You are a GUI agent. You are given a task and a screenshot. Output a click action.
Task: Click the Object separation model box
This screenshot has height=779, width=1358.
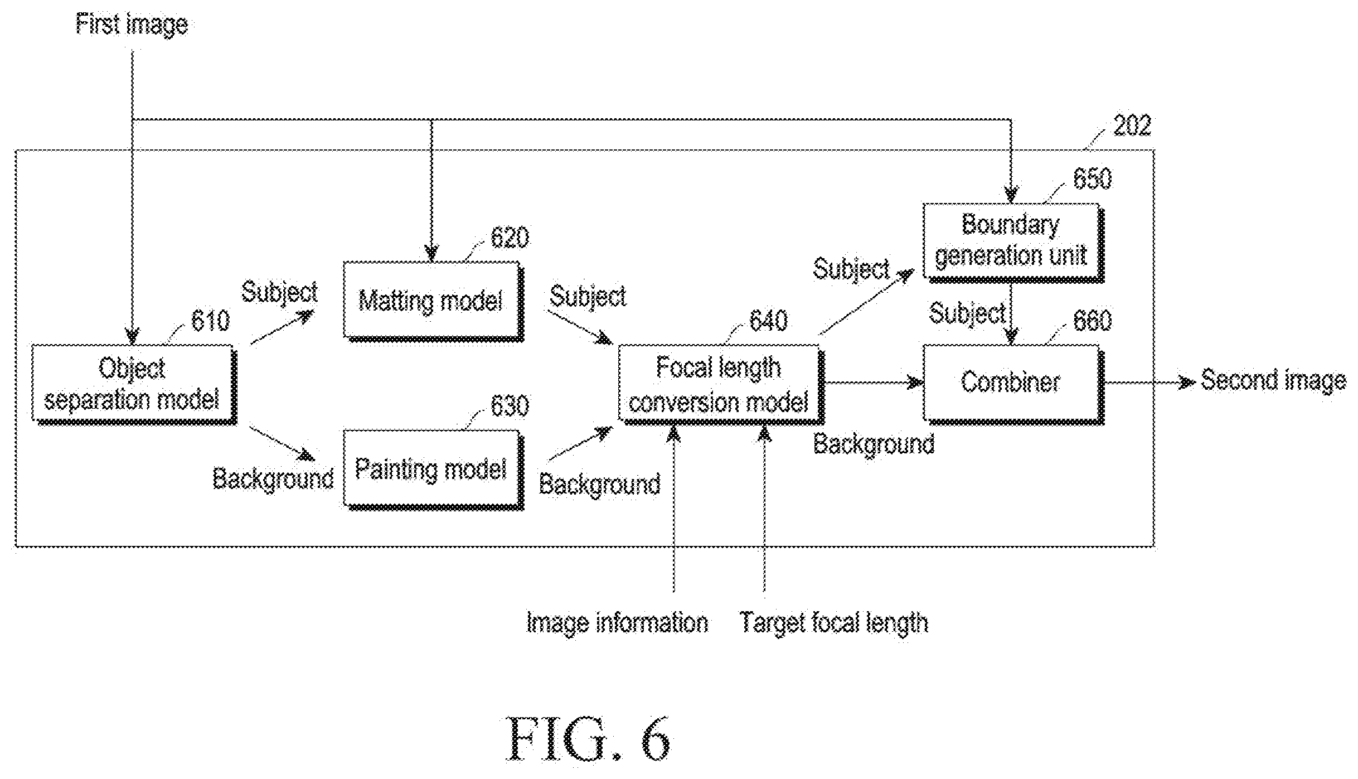coord(134,385)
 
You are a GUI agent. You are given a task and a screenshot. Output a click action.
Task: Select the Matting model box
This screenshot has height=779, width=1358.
coord(434,301)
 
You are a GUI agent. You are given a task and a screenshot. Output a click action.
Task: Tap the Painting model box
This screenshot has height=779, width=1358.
coord(434,470)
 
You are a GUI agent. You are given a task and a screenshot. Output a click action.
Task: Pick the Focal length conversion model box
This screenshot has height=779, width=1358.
coord(721,385)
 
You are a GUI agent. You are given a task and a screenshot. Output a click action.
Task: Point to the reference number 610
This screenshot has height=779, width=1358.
coord(210,321)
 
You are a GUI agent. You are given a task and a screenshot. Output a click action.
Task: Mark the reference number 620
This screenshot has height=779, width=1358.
coord(510,238)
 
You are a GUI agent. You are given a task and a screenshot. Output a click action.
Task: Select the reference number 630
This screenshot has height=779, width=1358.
coord(510,406)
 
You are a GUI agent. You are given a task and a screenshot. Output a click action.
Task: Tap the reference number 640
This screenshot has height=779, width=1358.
coord(768,321)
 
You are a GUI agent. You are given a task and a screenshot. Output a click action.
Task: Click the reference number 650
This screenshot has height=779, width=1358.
coord(1093,178)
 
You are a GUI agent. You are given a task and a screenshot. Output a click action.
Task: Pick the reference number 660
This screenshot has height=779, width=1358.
coord(1093,321)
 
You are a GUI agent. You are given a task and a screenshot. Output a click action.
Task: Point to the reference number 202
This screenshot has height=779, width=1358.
coord(1132,125)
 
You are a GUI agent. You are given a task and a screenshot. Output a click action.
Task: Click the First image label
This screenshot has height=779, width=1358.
coord(132,25)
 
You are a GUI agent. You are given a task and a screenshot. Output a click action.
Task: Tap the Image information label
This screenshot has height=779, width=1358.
coord(618,623)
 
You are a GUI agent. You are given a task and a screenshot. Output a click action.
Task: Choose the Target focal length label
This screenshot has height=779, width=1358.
coord(834,623)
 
